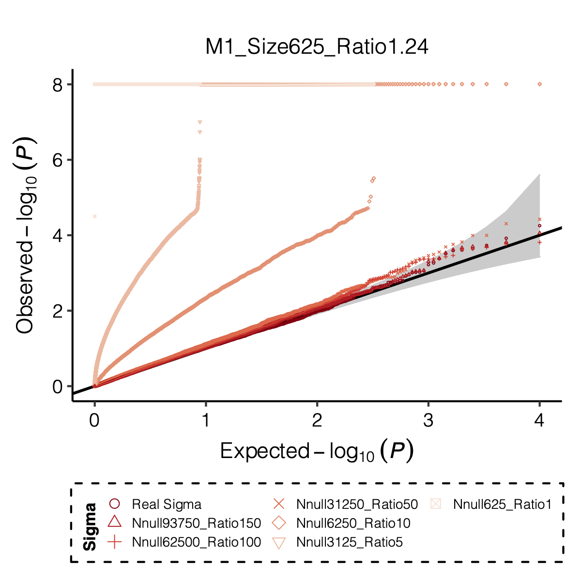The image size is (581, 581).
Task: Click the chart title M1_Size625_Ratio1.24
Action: click(x=317, y=47)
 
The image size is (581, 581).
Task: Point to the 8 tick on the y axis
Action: click(x=57, y=85)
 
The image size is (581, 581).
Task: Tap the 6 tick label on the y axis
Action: click(x=57, y=160)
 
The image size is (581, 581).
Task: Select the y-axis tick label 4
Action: click(x=57, y=236)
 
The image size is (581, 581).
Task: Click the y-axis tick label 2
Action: click(x=57, y=311)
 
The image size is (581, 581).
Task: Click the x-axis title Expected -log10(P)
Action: click(x=317, y=452)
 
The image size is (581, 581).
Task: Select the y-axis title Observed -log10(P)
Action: click(x=26, y=235)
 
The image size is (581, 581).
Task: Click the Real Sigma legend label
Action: click(x=166, y=505)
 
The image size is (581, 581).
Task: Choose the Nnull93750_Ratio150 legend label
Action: click(x=196, y=523)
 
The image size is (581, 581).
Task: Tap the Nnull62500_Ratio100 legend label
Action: click(x=196, y=542)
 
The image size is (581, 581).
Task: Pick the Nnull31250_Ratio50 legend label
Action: click(x=357, y=505)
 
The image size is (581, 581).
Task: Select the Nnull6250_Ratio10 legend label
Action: click(x=353, y=523)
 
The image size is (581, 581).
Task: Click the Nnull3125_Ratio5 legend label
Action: click(x=349, y=542)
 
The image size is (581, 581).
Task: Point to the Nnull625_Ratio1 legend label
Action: click(x=502, y=505)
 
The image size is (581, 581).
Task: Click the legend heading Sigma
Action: click(x=90, y=527)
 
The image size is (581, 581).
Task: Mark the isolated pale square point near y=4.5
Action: click(x=95, y=216)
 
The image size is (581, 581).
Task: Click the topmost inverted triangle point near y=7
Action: click(x=199, y=122)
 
